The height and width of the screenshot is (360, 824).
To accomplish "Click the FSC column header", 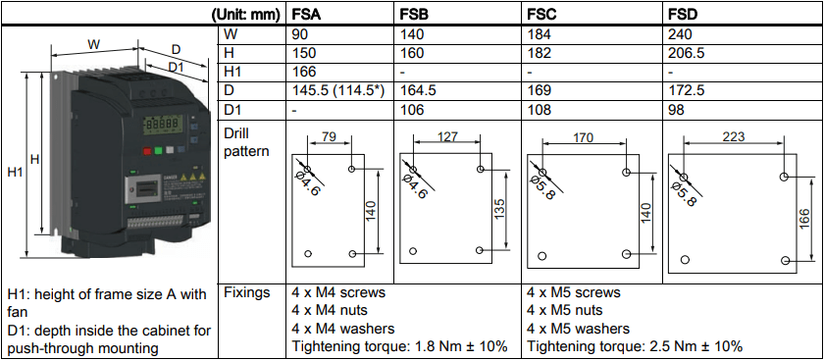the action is [541, 15].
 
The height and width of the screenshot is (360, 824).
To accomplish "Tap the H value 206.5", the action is [686, 53].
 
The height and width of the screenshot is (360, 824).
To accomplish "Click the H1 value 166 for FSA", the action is [304, 72].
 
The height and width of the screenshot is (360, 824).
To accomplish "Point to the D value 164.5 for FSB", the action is [418, 90].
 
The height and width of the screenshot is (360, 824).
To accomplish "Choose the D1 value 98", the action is [675, 110].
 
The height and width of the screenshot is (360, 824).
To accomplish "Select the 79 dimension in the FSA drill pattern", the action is [330, 137].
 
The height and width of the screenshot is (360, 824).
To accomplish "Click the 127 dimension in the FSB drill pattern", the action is [447, 136].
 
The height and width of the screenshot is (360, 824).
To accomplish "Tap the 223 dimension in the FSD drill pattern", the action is [734, 136].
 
